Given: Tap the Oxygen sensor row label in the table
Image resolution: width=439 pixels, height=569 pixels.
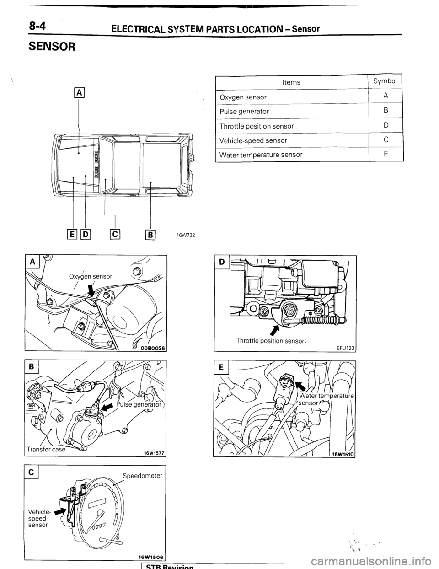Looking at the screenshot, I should coord(243,97).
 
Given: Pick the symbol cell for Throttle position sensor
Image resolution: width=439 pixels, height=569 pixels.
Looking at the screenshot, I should coord(386,126).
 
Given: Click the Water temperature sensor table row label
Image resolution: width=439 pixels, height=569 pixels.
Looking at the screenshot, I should coord(261,155).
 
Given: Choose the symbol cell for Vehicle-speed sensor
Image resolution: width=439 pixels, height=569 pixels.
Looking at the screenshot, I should coord(386,140).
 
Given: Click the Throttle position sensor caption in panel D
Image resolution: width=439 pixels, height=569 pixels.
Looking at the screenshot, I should coord(271,340).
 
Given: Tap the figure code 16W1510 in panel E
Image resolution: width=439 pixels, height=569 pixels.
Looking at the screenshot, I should coord(340,453).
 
